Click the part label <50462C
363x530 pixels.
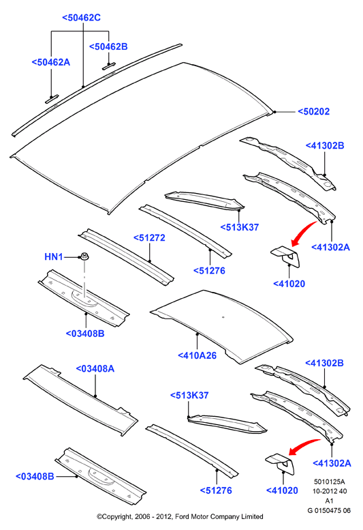click(x=81, y=18)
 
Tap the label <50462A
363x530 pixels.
click(x=51, y=62)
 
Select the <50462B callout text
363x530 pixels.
click(x=108, y=46)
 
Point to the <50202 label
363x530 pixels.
click(x=313, y=112)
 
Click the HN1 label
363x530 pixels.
click(x=54, y=257)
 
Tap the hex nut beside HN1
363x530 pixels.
click(x=84, y=256)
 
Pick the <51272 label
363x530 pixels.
click(x=149, y=237)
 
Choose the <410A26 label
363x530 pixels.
click(x=197, y=355)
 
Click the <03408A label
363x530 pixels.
click(x=95, y=368)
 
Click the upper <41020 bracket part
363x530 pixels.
click(x=286, y=256)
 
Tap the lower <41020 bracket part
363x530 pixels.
click(x=281, y=464)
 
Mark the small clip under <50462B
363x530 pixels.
click(x=109, y=66)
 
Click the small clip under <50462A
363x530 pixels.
click(x=52, y=99)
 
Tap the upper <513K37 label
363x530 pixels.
click(x=240, y=227)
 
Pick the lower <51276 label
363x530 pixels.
click(x=216, y=490)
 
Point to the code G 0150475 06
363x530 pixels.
click(x=329, y=510)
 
